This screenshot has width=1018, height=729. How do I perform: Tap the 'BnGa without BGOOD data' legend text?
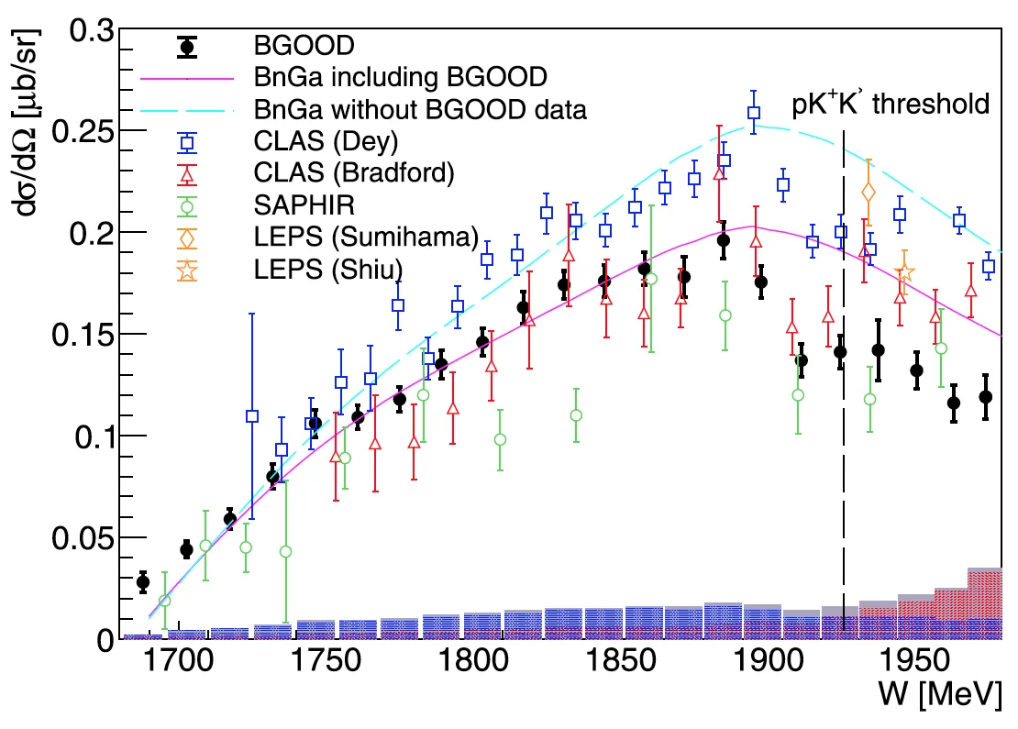pos(421,109)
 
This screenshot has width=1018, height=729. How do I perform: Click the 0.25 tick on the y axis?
pos(86,131)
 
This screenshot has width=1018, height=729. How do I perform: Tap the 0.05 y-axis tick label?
pos(86,538)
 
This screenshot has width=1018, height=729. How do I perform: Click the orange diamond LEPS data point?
pos(869,193)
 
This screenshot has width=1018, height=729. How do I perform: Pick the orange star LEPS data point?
pos(904,272)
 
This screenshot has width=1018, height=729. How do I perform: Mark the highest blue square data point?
pos(754,113)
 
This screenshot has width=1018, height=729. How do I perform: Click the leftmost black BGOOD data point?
pos(142,581)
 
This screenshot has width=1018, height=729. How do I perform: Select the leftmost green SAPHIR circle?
pos(165,601)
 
